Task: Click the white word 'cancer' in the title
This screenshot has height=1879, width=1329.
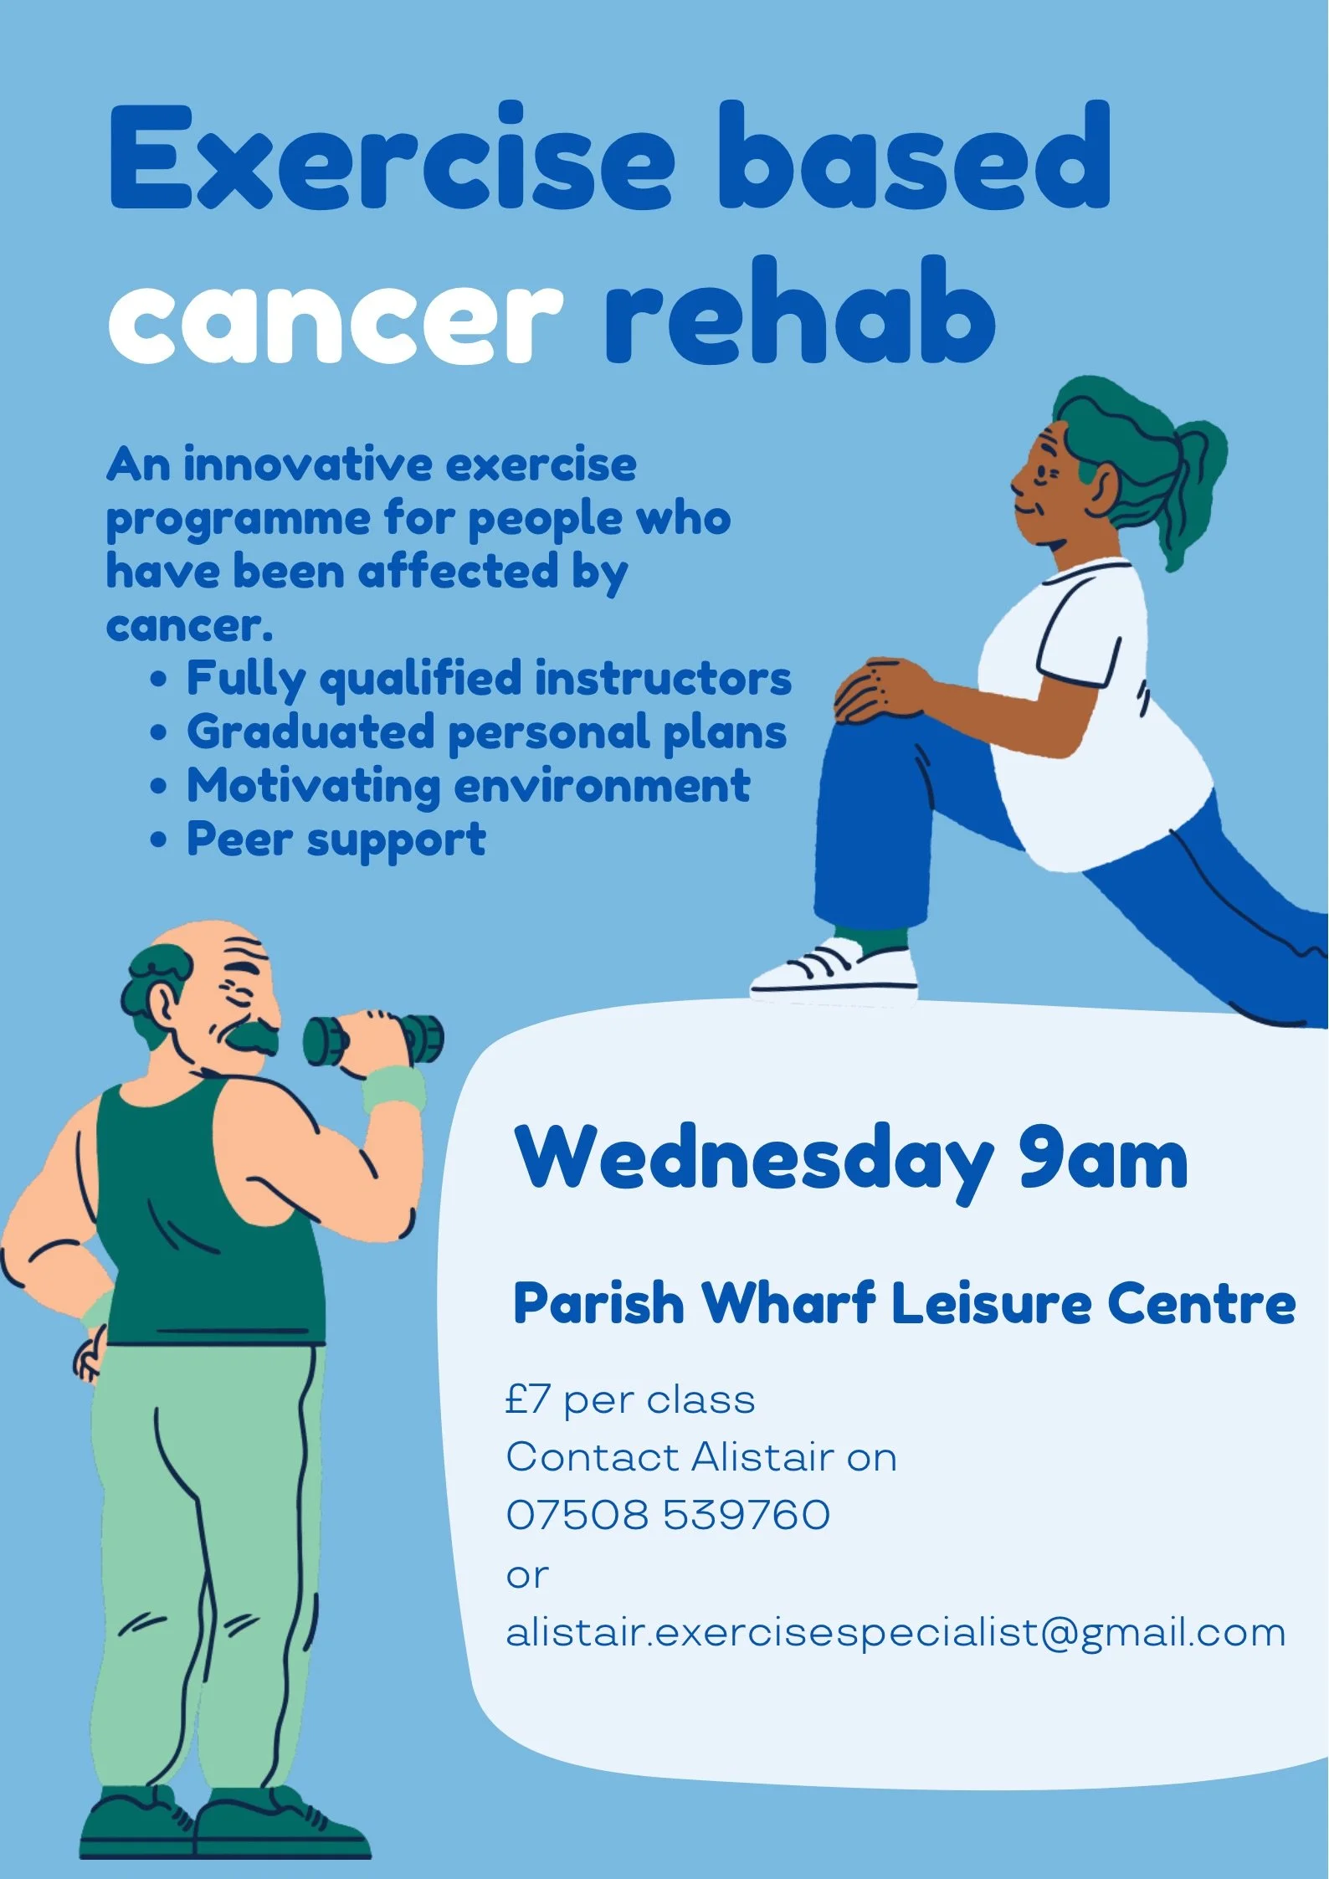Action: (x=335, y=322)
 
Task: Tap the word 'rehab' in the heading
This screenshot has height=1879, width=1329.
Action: (x=799, y=314)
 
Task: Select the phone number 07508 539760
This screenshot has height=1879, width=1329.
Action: (x=668, y=1515)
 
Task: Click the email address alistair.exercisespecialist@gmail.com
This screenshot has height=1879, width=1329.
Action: (x=895, y=1633)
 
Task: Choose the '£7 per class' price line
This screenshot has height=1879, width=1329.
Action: (x=630, y=1400)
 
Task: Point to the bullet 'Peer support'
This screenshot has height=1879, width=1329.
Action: (x=336, y=839)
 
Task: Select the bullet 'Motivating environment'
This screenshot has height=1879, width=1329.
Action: (x=468, y=786)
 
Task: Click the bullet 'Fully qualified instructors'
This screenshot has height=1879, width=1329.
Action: (x=488, y=679)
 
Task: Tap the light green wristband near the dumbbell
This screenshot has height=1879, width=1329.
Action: (x=395, y=1088)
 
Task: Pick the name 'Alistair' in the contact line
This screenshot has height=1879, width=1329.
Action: (x=762, y=1457)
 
